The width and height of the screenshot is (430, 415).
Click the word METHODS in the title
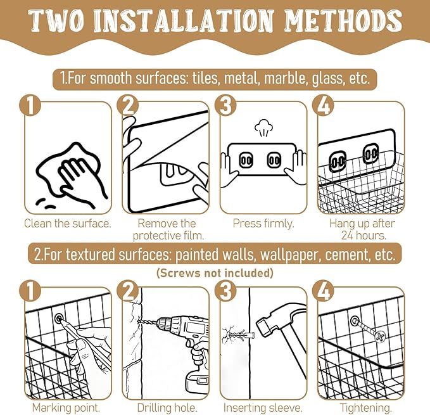[343, 21]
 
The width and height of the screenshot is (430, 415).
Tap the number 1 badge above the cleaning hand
[30, 106]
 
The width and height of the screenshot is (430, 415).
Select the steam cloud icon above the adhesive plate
[264, 127]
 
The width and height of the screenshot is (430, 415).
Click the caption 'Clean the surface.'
[68, 223]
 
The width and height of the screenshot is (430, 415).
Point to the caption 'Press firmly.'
[263, 223]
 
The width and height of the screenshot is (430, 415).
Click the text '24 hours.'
[364, 235]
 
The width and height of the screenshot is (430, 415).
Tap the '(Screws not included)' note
[215, 273]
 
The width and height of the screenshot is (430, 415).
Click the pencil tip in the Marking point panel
[60, 319]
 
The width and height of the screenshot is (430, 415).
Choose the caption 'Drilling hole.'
[167, 407]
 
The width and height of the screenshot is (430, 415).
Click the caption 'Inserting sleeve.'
[263, 407]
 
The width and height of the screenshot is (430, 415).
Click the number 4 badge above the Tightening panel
[324, 291]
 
